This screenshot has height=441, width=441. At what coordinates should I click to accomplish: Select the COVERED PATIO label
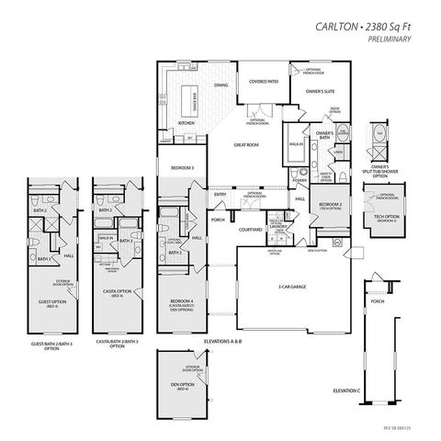point(263,82)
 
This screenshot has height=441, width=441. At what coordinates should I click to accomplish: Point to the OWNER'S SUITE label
point(320,92)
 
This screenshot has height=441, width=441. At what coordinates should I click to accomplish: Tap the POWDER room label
point(300,181)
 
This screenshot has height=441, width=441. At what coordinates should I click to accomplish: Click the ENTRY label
point(220,194)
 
